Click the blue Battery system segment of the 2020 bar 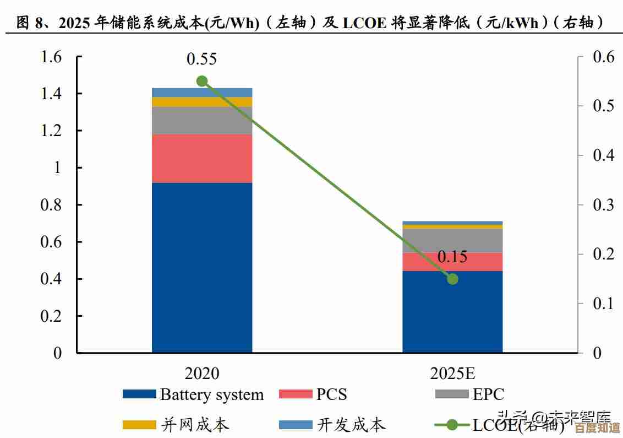click(202, 267)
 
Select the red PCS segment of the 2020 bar click(202, 158)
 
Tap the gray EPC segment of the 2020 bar click(202, 120)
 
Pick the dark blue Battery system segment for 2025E click(452, 311)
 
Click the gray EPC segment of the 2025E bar click(452, 240)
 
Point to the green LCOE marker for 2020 click(202, 81)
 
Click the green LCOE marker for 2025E click(452, 279)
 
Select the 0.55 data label click(202, 58)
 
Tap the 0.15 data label click(452, 257)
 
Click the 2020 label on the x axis click(202, 373)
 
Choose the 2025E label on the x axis click(452, 373)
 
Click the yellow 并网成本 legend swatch click(139, 425)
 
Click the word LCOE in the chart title click(366, 23)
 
